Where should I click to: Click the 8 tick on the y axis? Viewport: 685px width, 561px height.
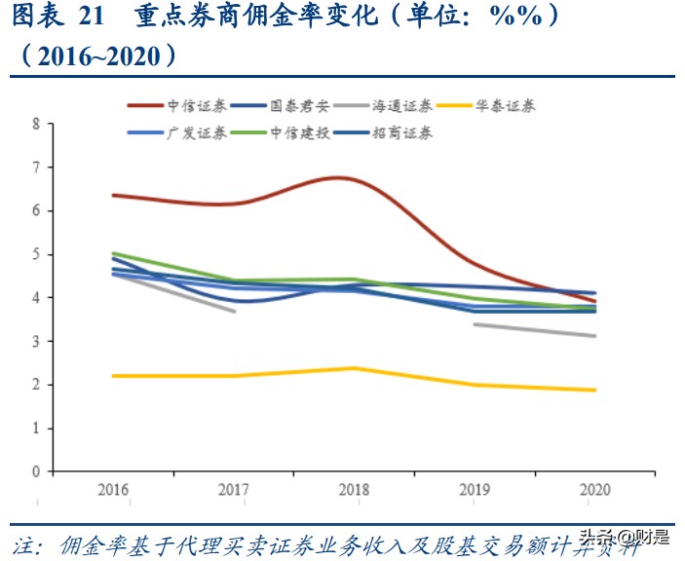36,125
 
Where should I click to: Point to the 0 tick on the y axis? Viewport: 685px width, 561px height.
36,471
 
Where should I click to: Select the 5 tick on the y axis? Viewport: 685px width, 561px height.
36,255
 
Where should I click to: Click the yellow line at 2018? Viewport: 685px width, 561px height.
354,368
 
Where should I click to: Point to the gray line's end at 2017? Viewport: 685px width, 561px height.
234,311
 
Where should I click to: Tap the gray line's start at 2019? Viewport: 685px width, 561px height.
475,324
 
